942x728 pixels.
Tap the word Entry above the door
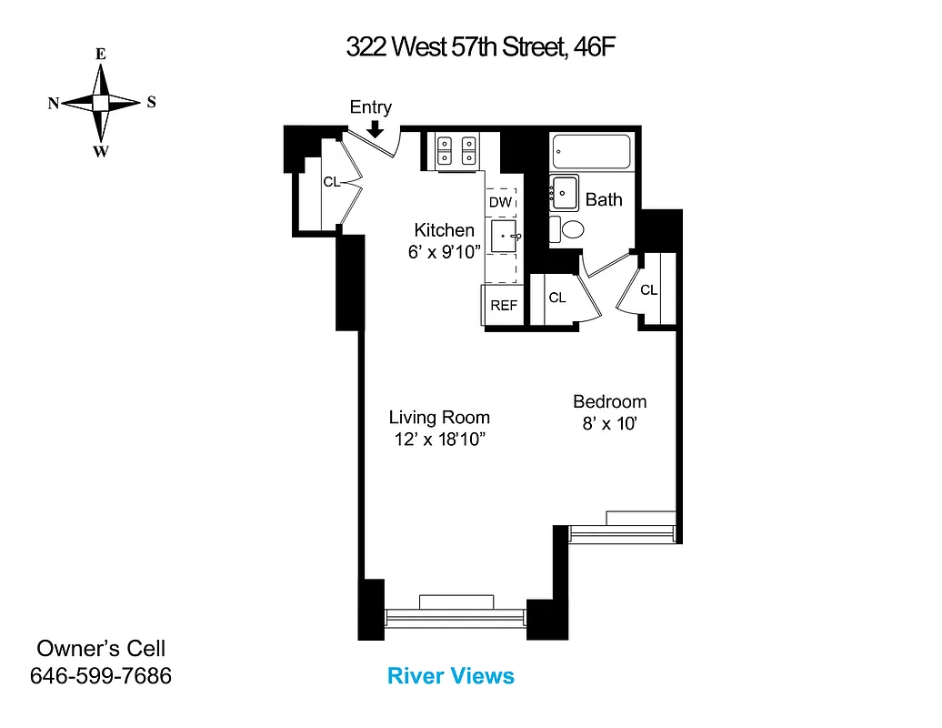[371, 107]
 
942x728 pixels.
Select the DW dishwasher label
[501, 202]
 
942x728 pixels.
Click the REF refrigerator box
[504, 306]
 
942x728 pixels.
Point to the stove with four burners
[456, 150]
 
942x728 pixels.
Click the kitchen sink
[504, 237]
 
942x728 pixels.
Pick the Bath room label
[604, 199]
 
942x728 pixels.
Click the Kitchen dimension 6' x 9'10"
[444, 252]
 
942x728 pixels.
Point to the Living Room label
[439, 418]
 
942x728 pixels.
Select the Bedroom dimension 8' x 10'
[609, 423]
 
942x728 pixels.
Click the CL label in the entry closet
[331, 182]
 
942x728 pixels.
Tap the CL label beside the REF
[557, 298]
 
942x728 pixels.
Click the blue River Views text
[451, 676]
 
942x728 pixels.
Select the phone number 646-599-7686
[101, 676]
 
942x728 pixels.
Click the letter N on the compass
[54, 104]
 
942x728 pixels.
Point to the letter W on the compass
[100, 151]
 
